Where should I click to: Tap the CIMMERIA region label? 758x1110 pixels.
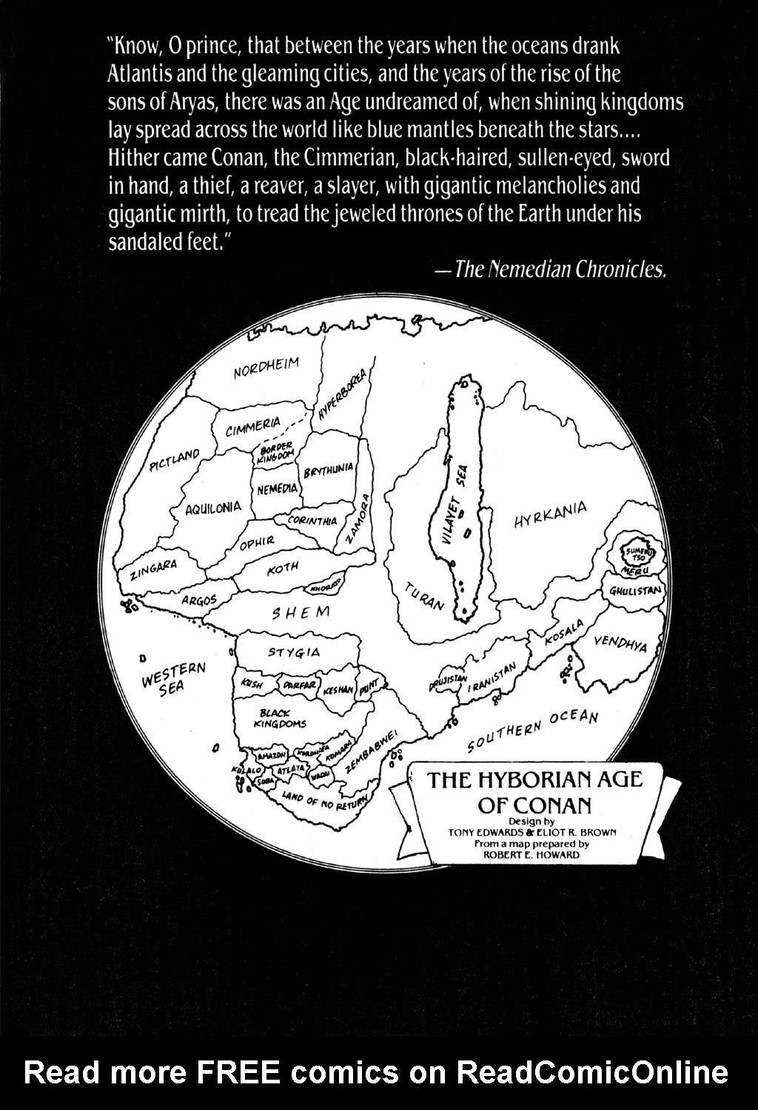click(x=254, y=424)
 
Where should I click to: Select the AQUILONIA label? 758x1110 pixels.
click(x=213, y=508)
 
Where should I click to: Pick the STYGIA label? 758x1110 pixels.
click(x=294, y=652)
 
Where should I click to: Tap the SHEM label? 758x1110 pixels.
click(x=301, y=613)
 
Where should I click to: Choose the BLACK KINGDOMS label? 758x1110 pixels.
click(x=279, y=718)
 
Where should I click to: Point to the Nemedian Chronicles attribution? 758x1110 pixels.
click(x=560, y=269)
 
